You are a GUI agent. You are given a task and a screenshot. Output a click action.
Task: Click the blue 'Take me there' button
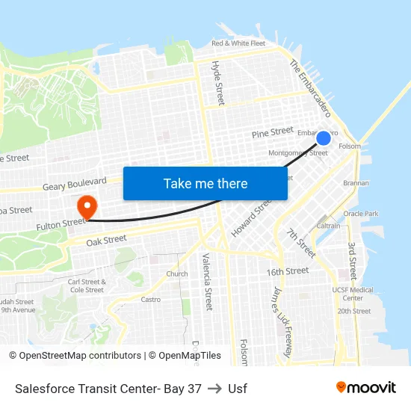[x=205, y=183]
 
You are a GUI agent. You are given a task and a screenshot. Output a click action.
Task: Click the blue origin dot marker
[x=324, y=138]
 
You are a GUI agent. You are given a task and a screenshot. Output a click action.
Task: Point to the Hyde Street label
[x=218, y=83]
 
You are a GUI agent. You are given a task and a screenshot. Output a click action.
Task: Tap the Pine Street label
[x=272, y=132]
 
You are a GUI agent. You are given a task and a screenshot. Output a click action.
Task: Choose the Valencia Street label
[x=207, y=282]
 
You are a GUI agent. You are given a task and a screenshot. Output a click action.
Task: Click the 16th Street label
[x=287, y=271]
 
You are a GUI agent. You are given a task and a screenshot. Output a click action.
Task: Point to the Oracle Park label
[x=360, y=214]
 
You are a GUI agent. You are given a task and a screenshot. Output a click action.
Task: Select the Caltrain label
[x=328, y=225]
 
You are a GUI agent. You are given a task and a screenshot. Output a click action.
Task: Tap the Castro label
[x=151, y=299]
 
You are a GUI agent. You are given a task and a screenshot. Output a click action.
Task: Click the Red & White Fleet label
[x=238, y=43]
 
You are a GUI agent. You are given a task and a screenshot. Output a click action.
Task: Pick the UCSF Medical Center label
[x=352, y=294]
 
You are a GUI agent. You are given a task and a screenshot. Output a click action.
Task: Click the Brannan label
[x=356, y=182]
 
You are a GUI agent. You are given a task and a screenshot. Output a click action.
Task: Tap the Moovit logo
[x=365, y=387]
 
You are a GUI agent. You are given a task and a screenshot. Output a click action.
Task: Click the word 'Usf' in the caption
[x=238, y=389]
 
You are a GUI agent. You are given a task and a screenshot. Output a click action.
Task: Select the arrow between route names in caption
[x=214, y=389]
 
